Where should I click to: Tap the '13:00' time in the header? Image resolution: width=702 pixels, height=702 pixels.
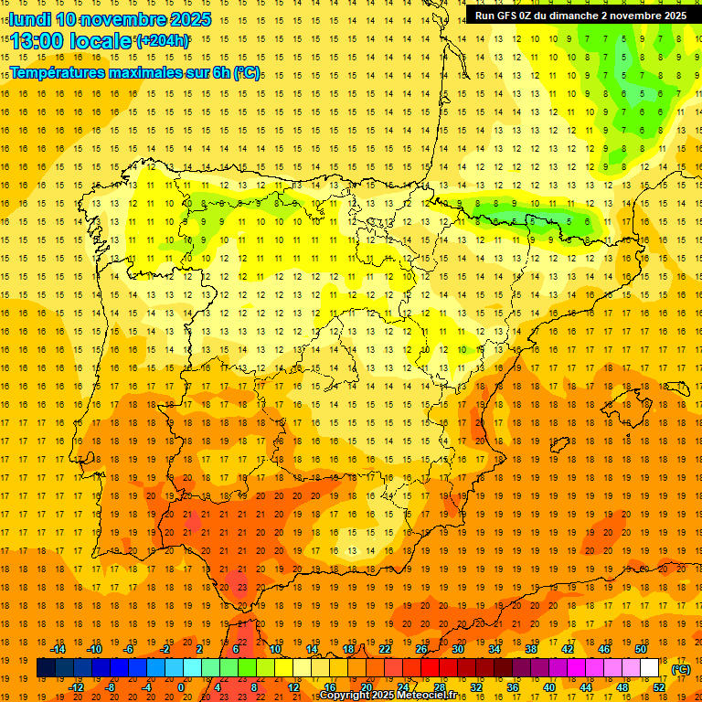point(37,41)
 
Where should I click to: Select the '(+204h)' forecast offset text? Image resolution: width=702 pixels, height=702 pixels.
point(163,41)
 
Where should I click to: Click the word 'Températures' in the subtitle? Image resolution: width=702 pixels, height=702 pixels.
point(59,72)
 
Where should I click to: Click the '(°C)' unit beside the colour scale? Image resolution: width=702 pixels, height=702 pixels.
point(681,669)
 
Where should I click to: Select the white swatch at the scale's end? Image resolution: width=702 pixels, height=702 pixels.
point(649,668)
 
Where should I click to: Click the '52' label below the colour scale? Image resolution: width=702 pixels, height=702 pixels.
point(659,687)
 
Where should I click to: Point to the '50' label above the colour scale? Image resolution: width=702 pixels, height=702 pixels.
point(641,649)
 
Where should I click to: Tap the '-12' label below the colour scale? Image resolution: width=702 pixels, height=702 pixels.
point(76,687)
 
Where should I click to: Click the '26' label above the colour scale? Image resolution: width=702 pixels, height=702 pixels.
point(421,649)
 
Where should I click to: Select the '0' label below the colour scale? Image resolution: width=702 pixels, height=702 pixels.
point(181,687)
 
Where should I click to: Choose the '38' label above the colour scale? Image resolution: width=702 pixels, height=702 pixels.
point(531,649)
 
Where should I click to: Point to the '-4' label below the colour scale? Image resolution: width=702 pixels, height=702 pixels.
point(146,687)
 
